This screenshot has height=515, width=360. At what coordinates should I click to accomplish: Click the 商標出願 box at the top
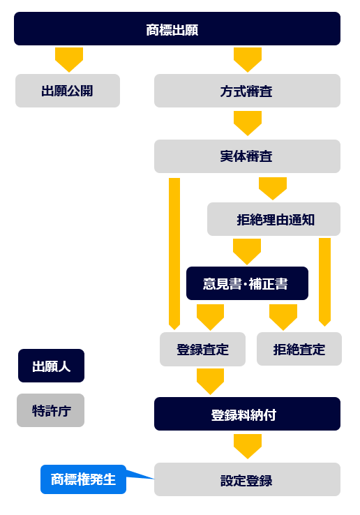click(x=177, y=29)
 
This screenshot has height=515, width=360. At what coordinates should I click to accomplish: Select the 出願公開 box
click(x=68, y=91)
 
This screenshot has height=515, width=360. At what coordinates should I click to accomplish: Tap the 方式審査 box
click(x=248, y=91)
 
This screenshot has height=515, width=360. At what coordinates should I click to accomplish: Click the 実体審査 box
click(x=248, y=156)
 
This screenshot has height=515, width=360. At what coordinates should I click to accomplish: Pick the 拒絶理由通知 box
click(x=273, y=219)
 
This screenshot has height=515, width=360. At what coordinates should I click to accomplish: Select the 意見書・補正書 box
click(x=247, y=283)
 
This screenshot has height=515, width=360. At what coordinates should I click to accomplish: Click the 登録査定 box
click(x=202, y=349)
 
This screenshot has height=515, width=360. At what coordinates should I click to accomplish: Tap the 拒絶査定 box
click(x=299, y=349)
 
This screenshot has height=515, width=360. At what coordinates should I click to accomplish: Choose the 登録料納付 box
click(x=248, y=414)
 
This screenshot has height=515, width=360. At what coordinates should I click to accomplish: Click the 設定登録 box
click(x=248, y=479)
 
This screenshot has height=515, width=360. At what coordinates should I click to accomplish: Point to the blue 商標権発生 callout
click(x=84, y=479)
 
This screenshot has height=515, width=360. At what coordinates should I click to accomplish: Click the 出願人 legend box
click(x=51, y=366)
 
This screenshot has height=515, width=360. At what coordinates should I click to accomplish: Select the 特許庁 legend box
click(x=51, y=410)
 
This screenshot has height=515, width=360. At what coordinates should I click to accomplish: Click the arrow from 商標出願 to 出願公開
click(x=69, y=59)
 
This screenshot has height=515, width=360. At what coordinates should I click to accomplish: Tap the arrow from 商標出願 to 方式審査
click(x=248, y=59)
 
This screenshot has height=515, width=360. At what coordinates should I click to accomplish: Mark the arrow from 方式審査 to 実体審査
click(x=248, y=123)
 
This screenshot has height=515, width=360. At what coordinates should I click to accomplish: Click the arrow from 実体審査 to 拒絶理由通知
click(x=273, y=188)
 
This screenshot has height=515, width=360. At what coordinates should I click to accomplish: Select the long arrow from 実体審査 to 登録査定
click(x=174, y=253)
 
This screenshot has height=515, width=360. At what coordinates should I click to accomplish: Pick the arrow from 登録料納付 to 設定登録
click(x=248, y=447)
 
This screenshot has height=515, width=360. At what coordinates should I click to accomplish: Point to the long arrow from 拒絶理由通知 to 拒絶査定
click(x=325, y=282)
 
